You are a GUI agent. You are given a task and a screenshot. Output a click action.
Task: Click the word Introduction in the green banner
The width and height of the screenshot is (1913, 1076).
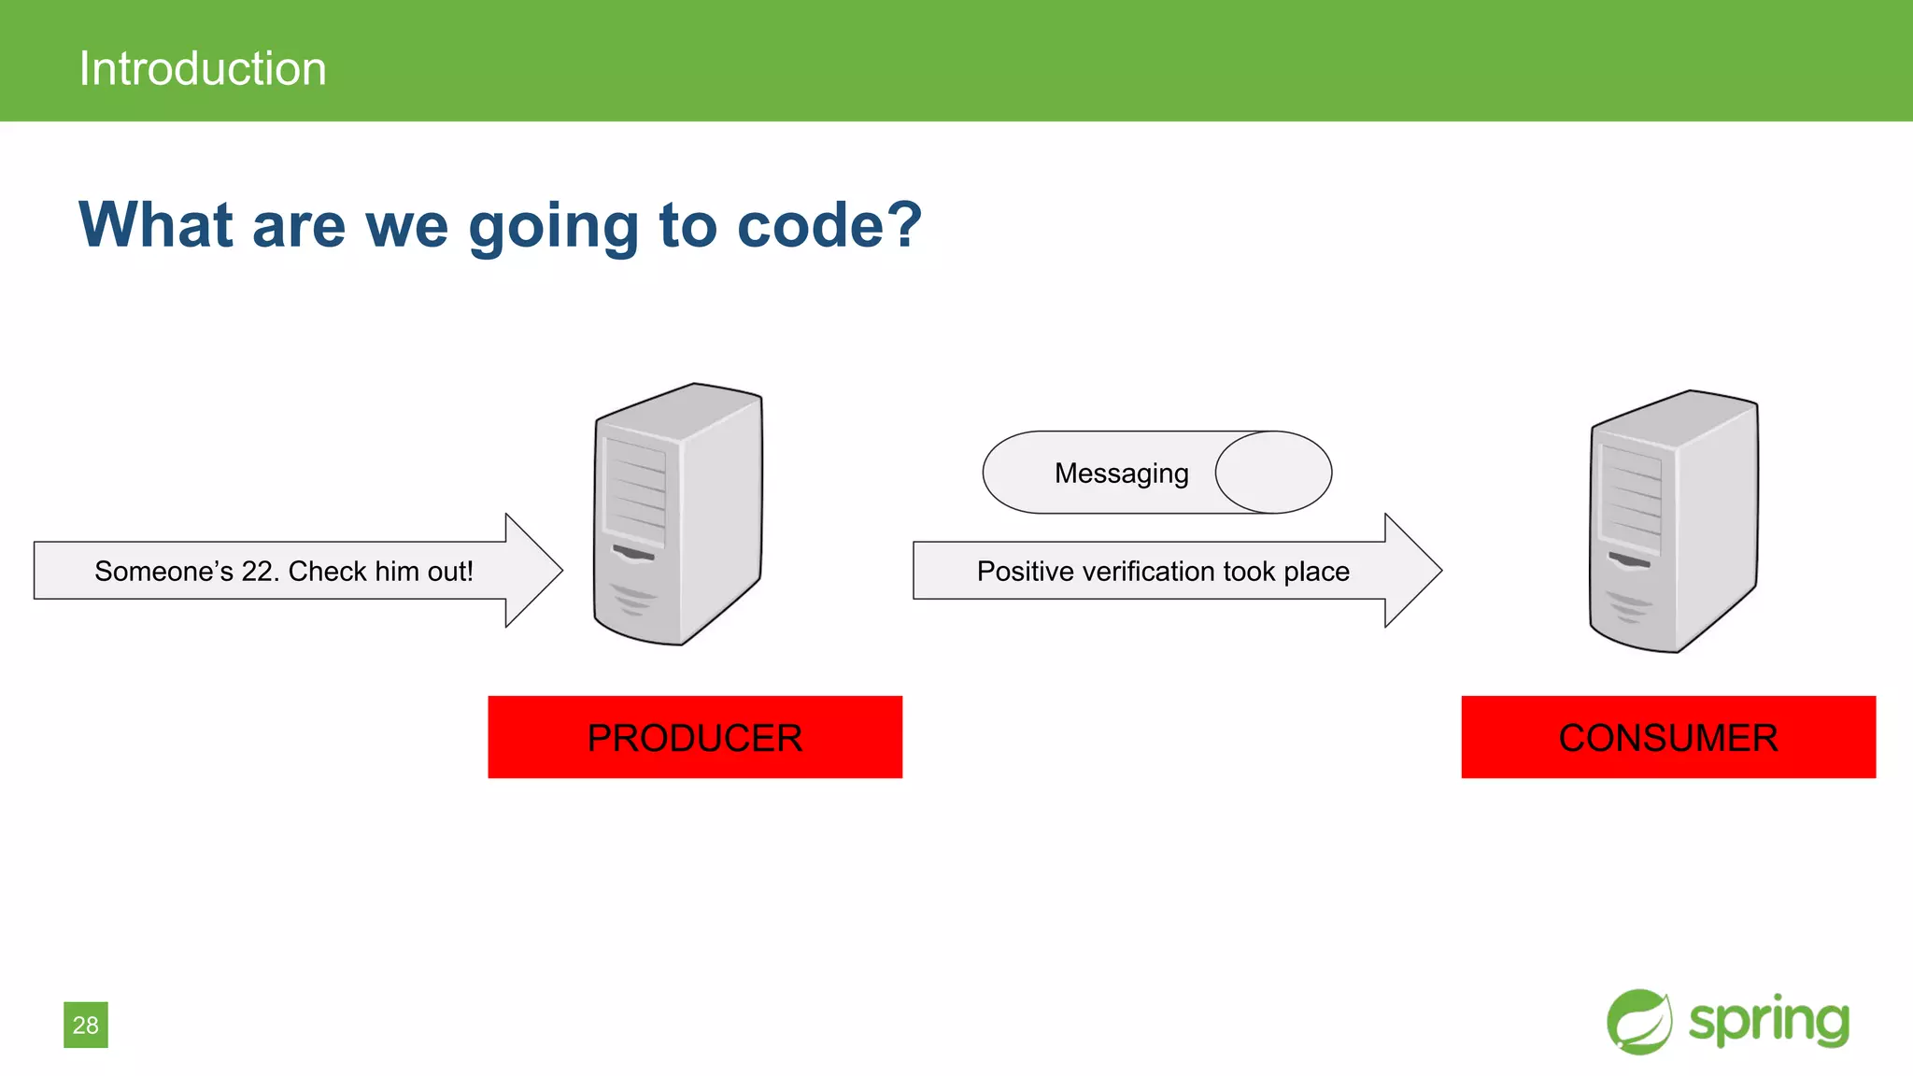203,68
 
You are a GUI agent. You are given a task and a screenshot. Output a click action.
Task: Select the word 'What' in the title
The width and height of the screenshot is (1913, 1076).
155,225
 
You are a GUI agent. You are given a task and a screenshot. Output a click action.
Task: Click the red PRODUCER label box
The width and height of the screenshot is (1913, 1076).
695,737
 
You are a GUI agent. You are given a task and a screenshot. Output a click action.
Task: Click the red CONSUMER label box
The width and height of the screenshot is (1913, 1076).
1668,737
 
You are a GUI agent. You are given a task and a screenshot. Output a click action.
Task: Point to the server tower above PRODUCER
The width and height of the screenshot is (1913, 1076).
679,514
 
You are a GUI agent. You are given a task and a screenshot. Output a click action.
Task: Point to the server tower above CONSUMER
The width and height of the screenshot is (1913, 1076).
1674,521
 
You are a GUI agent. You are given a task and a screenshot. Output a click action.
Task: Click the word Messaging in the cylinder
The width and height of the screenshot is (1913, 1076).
1121,474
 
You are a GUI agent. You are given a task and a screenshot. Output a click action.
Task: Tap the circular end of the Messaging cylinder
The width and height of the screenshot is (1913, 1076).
1274,473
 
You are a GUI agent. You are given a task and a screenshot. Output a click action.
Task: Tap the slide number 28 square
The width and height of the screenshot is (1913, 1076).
86,1025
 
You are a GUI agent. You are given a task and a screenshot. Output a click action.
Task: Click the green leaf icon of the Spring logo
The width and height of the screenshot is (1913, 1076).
1639,1022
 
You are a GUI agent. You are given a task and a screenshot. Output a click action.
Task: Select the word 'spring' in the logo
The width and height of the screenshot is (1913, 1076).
1768,1021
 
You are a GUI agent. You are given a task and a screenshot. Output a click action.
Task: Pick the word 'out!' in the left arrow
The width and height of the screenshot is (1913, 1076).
450,571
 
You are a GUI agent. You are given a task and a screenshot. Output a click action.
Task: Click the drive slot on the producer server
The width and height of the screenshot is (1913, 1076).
634,554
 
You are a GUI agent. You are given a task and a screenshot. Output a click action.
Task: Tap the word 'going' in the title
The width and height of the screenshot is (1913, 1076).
553,227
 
